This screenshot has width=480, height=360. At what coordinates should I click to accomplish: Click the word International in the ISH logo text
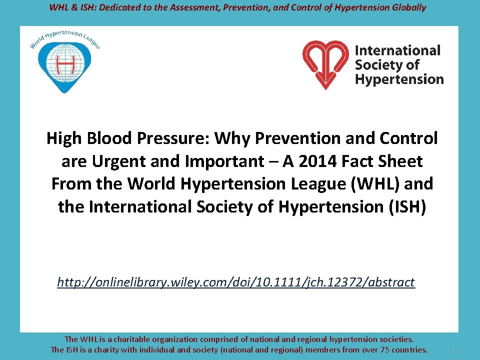click(397, 50)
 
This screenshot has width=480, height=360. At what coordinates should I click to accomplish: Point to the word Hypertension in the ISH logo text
click(399, 79)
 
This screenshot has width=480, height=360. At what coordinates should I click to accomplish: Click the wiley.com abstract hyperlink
click(236, 282)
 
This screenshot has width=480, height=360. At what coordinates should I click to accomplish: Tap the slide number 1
click(450, 351)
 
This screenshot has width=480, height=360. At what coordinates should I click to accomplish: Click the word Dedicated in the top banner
click(112, 7)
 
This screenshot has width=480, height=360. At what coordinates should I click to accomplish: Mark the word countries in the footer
click(410, 349)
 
